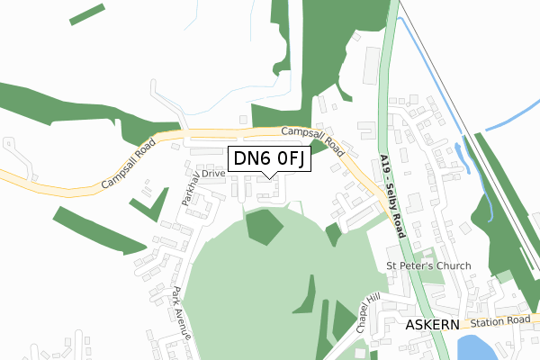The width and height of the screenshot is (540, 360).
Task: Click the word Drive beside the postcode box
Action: click(213, 173)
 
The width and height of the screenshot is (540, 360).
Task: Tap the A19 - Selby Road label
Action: click(393, 193)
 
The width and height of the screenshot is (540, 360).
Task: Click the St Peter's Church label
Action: click(428, 265)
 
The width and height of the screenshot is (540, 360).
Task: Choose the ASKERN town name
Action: click(433, 324)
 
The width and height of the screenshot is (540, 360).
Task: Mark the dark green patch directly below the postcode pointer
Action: click(262, 226)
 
